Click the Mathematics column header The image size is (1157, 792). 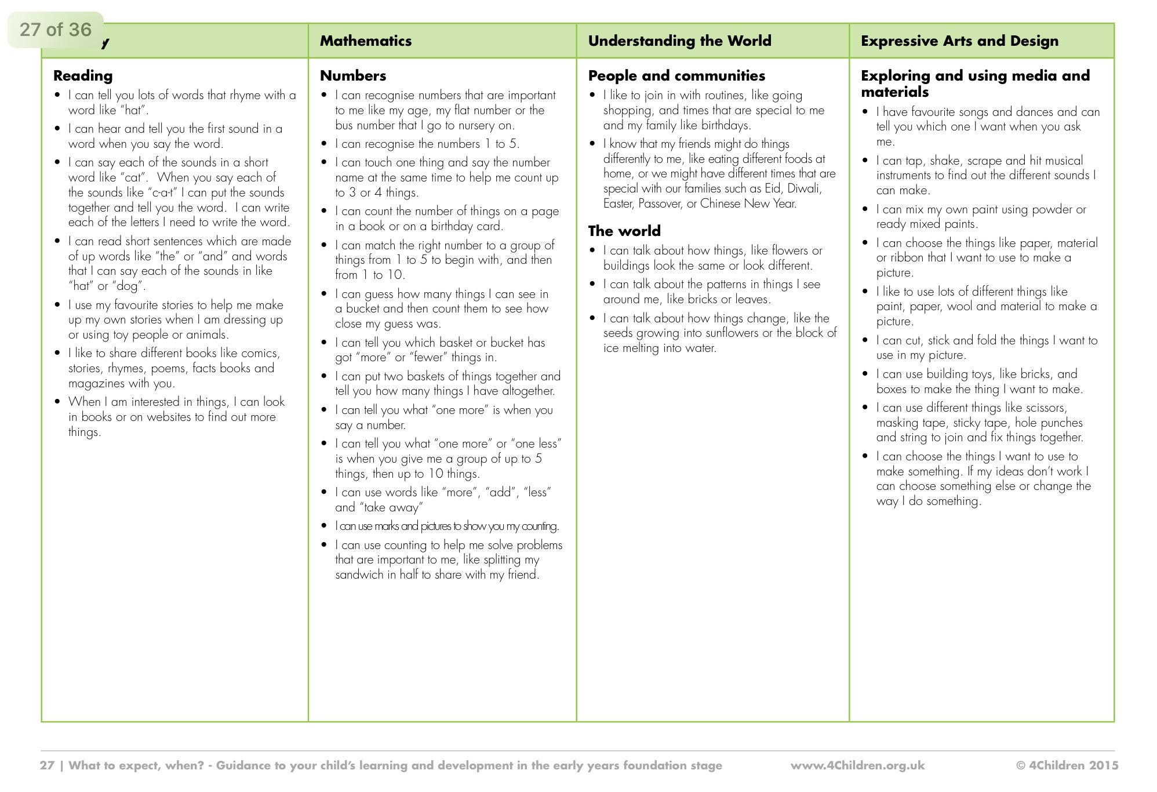[366, 41]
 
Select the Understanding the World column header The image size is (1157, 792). [679, 41]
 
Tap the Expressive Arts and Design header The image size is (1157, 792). [959, 41]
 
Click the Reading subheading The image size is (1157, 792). [83, 75]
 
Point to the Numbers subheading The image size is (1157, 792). [353, 75]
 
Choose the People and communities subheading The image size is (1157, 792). [676, 75]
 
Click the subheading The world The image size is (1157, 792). [624, 231]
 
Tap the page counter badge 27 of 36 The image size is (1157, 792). [56, 29]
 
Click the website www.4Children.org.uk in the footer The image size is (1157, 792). [857, 765]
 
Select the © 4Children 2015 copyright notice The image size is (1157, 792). [1067, 765]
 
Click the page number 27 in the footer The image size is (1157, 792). [47, 765]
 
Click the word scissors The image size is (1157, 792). [1046, 408]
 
